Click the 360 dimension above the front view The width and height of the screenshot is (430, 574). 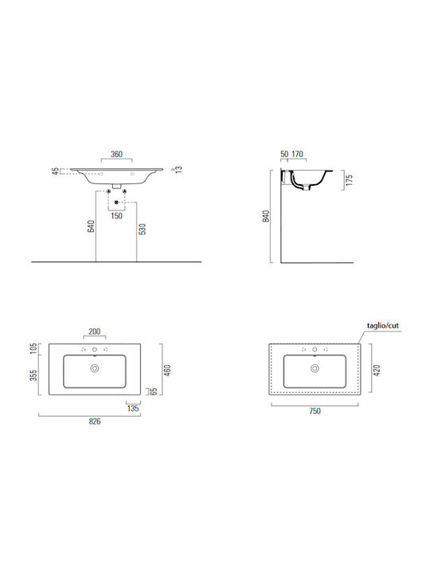pyautogui.click(x=116, y=154)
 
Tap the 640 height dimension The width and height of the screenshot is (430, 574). pyautogui.click(x=92, y=226)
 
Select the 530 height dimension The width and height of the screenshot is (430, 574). pyautogui.click(x=143, y=229)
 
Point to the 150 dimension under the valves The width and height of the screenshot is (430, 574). pyautogui.click(x=116, y=215)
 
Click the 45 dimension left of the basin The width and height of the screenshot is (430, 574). pyautogui.click(x=55, y=171)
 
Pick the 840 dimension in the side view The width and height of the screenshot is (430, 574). pyautogui.click(x=266, y=216)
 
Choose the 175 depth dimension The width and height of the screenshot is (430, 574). pyautogui.click(x=350, y=180)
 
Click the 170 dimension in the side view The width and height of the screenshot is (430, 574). pyautogui.click(x=297, y=154)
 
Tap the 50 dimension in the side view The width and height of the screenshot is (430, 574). pyautogui.click(x=284, y=154)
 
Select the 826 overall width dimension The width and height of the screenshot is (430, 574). pyautogui.click(x=95, y=422)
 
